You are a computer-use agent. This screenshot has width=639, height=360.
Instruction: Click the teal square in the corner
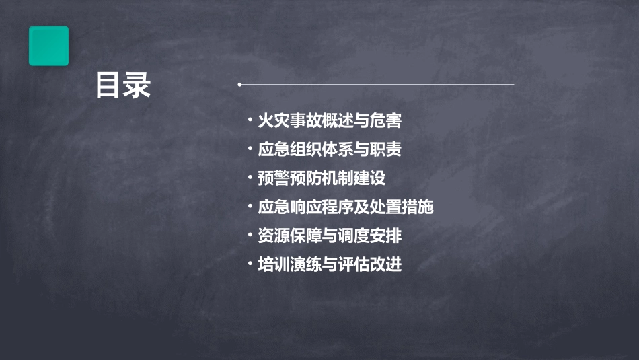coord(48,46)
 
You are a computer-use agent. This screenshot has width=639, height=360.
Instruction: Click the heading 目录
coord(123,86)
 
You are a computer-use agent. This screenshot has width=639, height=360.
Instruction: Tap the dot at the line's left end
coord(239,85)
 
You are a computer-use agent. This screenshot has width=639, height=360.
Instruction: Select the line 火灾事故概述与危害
coord(330,121)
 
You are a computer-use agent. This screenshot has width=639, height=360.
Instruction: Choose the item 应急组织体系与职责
coord(330,150)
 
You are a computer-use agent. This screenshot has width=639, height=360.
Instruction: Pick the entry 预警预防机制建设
coord(322,179)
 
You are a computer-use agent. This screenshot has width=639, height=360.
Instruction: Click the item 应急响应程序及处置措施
coord(346,207)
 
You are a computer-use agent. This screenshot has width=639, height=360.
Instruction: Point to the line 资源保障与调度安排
coord(330,236)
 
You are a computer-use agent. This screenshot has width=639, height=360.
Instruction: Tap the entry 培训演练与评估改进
coord(330,264)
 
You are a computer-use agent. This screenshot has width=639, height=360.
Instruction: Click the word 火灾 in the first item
coord(274,121)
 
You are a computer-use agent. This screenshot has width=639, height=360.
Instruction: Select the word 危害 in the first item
coord(386,121)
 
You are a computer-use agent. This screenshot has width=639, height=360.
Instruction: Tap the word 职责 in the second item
coord(386,150)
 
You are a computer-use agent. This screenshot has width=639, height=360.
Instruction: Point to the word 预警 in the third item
coord(274,179)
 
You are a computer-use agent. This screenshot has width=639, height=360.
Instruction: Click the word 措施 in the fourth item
coord(418,207)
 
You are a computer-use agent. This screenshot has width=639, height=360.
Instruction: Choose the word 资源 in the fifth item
coord(274,236)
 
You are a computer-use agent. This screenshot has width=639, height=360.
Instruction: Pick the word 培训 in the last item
coord(274,264)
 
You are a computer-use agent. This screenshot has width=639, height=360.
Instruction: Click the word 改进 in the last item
coord(386,264)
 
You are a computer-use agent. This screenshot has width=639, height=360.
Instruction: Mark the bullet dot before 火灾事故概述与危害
coord(250,121)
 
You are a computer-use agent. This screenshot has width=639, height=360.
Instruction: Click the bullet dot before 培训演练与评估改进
coord(250,264)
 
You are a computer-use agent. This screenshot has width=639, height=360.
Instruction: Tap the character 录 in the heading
coord(137,86)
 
